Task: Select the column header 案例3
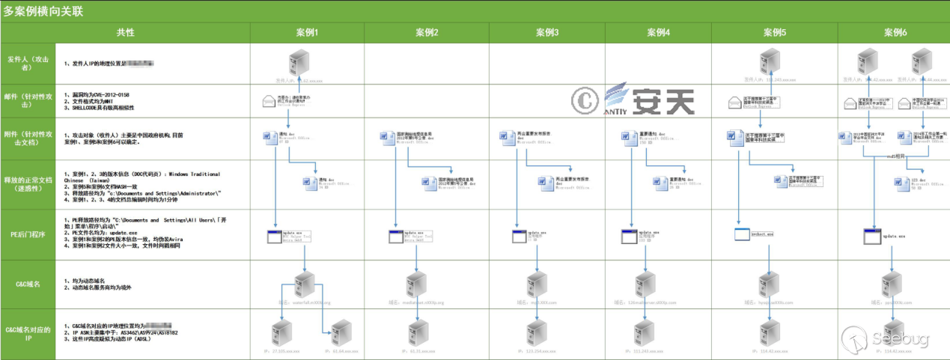pos(547,33)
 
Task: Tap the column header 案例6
pos(895,33)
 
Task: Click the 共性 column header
pos(126,33)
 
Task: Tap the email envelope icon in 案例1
pos(269,100)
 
